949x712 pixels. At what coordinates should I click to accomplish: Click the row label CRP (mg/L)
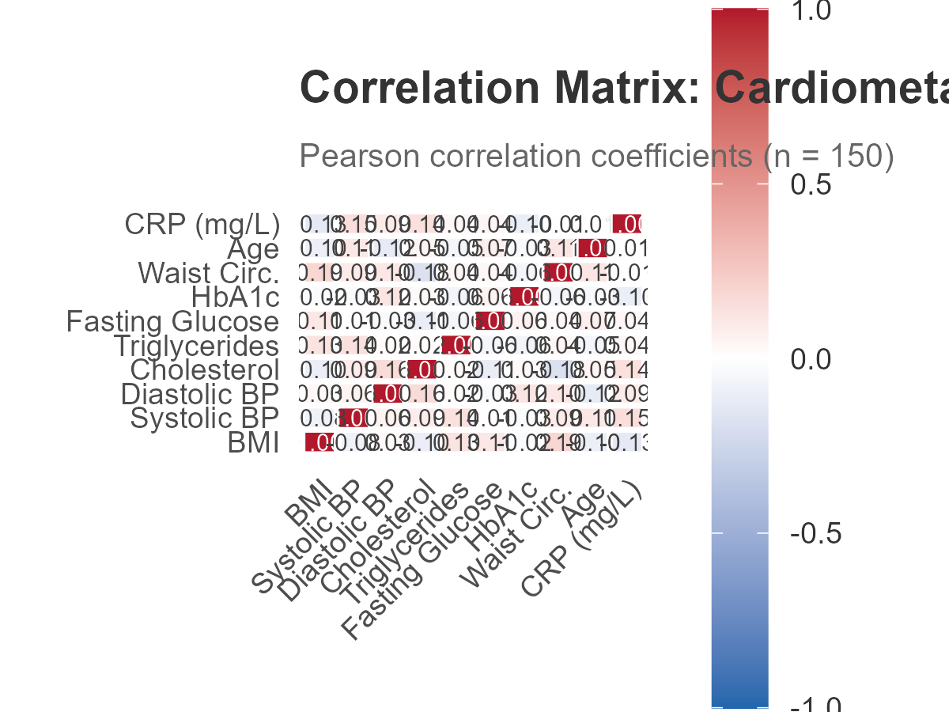tap(202, 225)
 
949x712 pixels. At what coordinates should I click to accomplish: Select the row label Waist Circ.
tap(208, 274)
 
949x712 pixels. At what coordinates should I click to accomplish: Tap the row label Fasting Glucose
tap(172, 322)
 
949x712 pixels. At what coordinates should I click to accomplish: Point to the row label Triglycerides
tap(196, 346)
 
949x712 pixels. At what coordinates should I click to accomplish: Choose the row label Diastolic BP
tap(200, 394)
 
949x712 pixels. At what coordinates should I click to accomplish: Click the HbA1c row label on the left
tap(235, 297)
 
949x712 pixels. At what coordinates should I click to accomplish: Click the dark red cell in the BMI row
tap(319, 443)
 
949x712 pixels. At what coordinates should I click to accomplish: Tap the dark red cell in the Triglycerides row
tap(456, 346)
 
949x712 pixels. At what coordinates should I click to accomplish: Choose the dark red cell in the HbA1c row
tap(526, 297)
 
